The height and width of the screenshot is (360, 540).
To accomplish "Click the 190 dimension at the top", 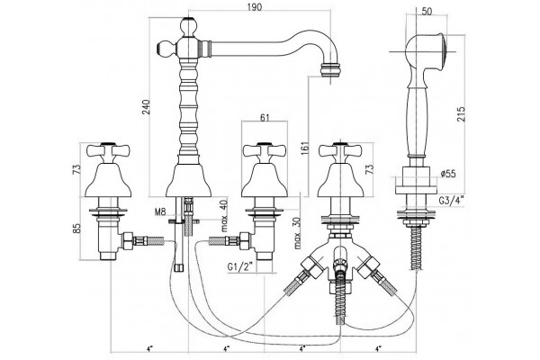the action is (x=254, y=7).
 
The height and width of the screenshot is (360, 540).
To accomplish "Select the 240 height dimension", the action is (x=146, y=107).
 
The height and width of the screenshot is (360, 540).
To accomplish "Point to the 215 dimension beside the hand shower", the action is (x=461, y=113).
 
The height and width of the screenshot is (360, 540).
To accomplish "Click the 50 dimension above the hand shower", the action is (x=427, y=11).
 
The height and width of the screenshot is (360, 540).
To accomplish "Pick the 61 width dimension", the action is (x=264, y=118).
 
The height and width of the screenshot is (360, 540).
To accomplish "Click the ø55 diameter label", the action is (x=448, y=174).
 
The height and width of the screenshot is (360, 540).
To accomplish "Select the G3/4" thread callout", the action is (x=452, y=200).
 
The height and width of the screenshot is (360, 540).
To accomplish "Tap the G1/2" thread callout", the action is (x=240, y=266).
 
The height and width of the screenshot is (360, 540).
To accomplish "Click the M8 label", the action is (x=160, y=211).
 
